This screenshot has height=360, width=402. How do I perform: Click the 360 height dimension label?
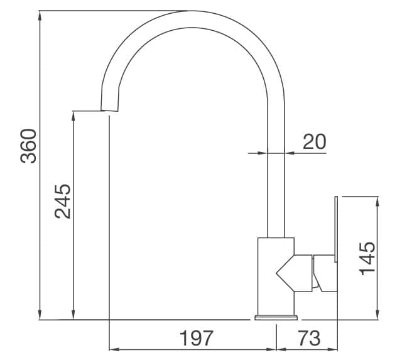pyautogui.click(x=29, y=146)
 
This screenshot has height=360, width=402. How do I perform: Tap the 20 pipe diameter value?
pyautogui.click(x=314, y=142)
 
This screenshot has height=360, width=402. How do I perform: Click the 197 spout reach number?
pyautogui.click(x=197, y=338)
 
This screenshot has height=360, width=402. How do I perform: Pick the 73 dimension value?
pyautogui.click(x=308, y=338)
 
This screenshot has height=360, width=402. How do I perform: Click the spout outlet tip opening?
pyautogui.click(x=109, y=112)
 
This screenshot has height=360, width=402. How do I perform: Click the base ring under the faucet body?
pyautogui.click(x=275, y=317)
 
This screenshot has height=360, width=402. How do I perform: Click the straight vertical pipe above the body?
pyautogui.click(x=276, y=188)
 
